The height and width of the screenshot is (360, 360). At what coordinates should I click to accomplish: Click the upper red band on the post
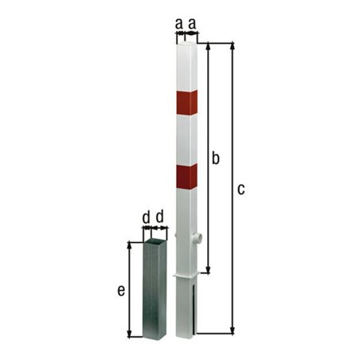(x=186, y=102)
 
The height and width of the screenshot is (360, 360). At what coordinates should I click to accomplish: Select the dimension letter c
(x=241, y=189)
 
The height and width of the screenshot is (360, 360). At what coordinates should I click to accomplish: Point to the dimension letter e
(x=121, y=291)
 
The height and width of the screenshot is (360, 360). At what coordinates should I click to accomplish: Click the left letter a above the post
(x=178, y=25)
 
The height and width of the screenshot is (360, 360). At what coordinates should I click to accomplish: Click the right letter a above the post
(x=193, y=25)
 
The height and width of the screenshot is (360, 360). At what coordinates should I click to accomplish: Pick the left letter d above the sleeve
(x=146, y=217)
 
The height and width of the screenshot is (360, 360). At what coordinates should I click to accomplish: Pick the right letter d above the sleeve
(x=160, y=217)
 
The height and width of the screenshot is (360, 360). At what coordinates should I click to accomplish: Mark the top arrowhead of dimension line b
(x=209, y=45)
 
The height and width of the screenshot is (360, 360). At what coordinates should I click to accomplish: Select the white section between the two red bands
(x=186, y=139)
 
